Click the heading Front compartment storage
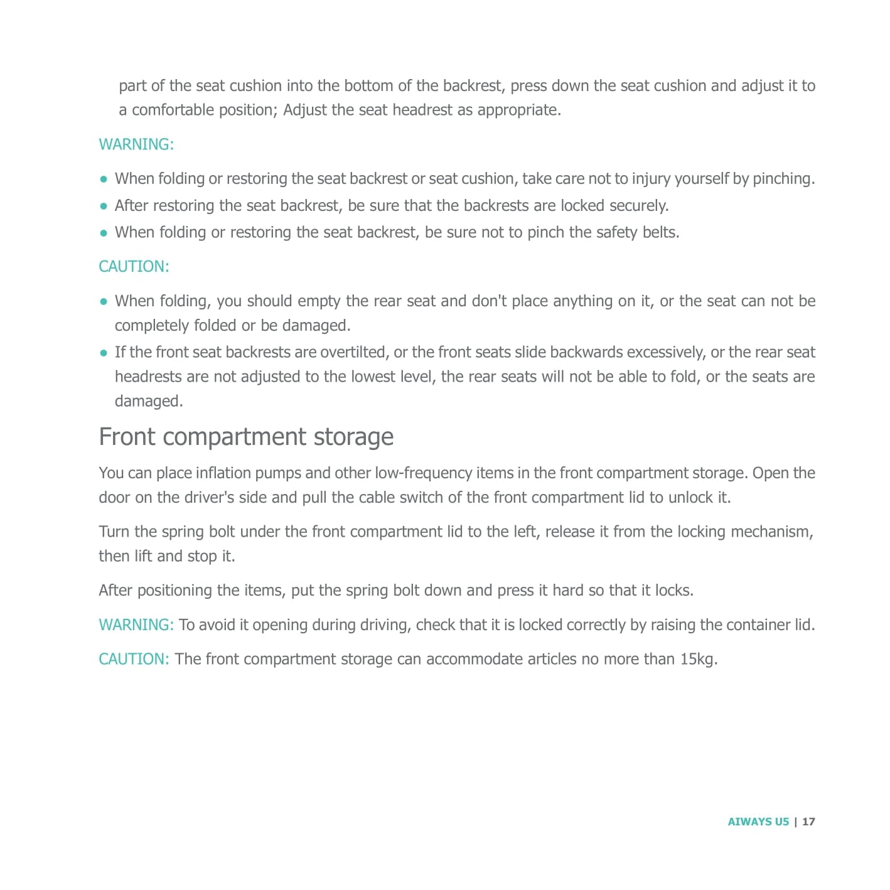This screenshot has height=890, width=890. click(246, 437)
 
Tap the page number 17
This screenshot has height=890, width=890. click(808, 822)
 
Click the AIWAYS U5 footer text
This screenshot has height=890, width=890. click(758, 822)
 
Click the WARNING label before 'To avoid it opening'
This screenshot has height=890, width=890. click(136, 625)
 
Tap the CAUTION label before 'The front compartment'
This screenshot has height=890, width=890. click(134, 659)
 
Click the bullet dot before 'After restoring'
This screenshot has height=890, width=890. click(104, 206)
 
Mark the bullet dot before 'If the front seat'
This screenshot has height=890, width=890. click(104, 353)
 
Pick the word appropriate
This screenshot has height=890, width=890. click(518, 110)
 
